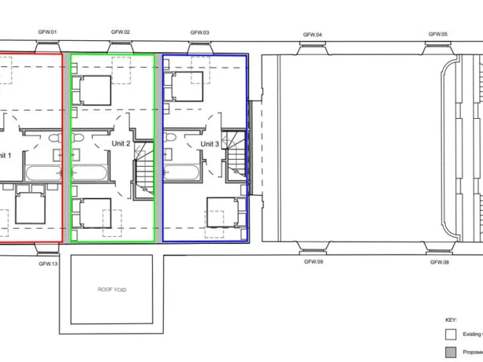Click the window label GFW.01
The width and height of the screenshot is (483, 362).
[48, 31]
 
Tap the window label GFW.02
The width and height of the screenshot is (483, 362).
[121, 31]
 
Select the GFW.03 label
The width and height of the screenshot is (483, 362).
[200, 32]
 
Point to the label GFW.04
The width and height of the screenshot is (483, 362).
[313, 35]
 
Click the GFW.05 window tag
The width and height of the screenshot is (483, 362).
[438, 34]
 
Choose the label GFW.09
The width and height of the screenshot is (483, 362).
[313, 261]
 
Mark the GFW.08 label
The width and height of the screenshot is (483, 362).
[439, 261]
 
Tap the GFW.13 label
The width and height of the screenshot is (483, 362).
[48, 264]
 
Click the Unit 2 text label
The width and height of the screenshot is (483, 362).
[121, 144]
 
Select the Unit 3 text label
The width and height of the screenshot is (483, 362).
[210, 144]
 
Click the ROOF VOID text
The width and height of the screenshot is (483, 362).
[111, 290]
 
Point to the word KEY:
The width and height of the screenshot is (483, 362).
[452, 320]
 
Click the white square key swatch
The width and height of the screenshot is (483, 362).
[450, 334]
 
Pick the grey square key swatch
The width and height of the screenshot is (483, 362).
[450, 353]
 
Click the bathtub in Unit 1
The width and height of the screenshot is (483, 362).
[44, 173]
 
